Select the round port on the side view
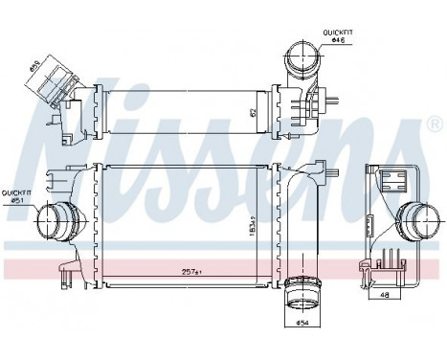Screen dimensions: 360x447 (414, 223)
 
